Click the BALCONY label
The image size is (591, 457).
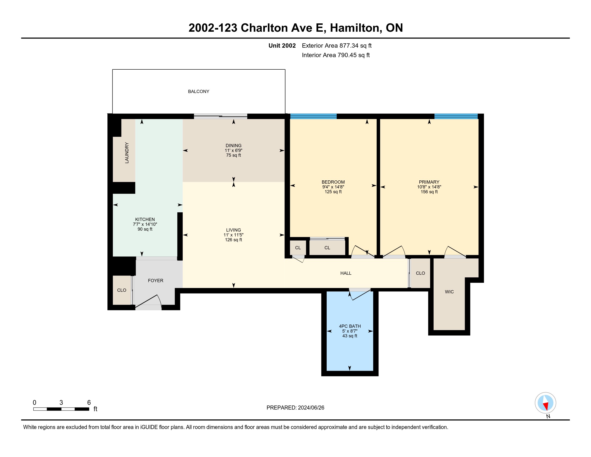click(199, 91)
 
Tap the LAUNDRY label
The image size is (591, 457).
click(127, 153)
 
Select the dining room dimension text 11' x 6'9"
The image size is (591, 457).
click(233, 151)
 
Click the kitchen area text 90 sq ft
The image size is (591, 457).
click(145, 229)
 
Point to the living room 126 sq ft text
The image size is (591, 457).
click(233, 240)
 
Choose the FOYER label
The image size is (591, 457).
click(156, 280)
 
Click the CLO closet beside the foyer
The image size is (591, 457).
click(122, 290)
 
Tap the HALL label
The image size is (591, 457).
click(346, 273)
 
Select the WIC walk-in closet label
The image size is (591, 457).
click(449, 292)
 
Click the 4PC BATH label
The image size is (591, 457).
click(350, 326)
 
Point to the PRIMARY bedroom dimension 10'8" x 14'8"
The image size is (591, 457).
click(429, 187)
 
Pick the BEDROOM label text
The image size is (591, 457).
click(333, 182)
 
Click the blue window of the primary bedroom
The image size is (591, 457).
click(456, 116)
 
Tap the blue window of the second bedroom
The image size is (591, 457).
click(313, 116)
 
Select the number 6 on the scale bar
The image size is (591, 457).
click(89, 403)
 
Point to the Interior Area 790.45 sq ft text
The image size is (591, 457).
click(336, 55)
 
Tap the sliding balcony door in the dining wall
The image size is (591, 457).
click(221, 116)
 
